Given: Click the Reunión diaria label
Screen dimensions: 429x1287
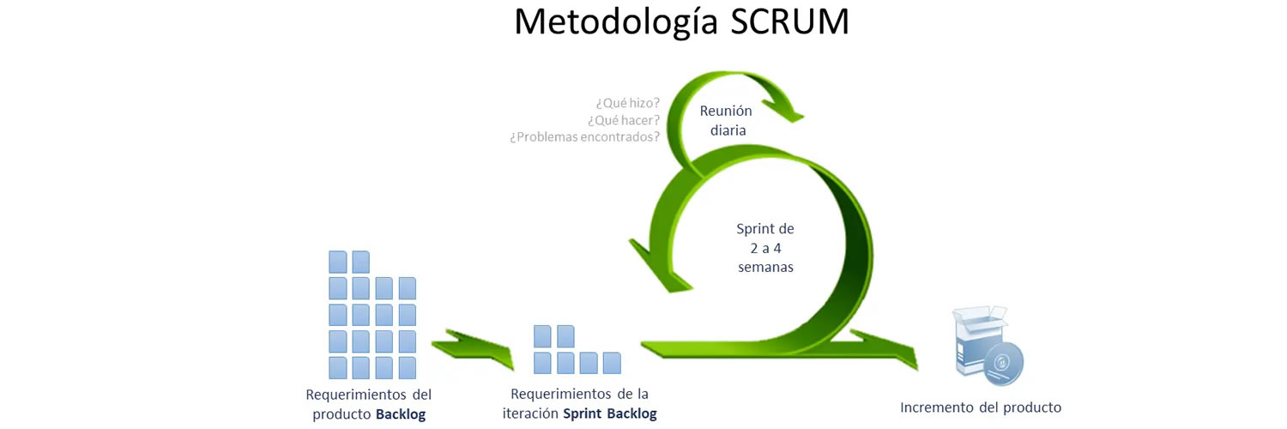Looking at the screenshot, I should tap(726, 120).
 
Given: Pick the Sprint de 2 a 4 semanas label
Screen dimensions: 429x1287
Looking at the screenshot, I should tap(764, 247).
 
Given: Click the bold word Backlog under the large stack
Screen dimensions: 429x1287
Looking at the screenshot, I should tap(401, 414).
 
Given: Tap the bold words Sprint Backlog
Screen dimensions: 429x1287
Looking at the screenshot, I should tap(609, 414).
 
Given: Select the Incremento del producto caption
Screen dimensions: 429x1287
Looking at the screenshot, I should tap(981, 407).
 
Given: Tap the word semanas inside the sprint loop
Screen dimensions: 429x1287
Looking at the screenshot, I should tap(765, 266).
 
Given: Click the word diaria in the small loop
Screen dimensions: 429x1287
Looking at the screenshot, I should tap(726, 130).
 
